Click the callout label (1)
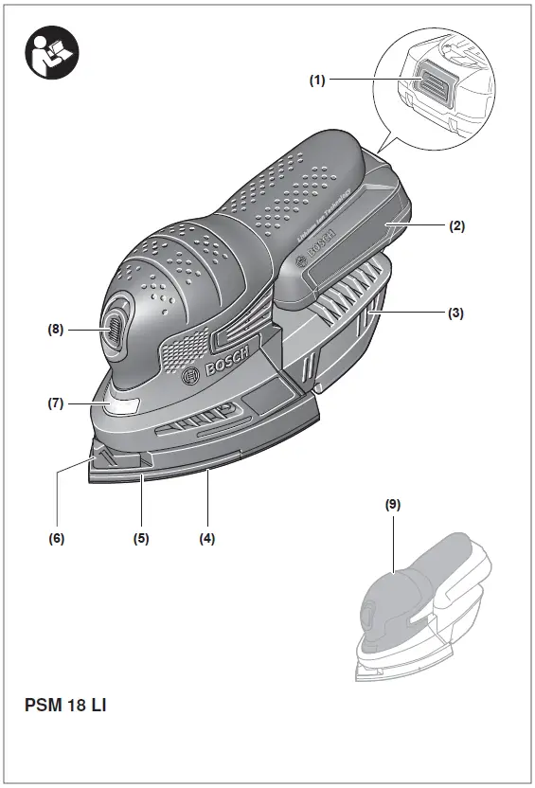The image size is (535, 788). tap(317, 81)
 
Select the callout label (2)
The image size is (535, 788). tap(456, 226)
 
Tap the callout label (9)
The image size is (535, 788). tap(393, 505)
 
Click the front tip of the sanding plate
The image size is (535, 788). tap(98, 463)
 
